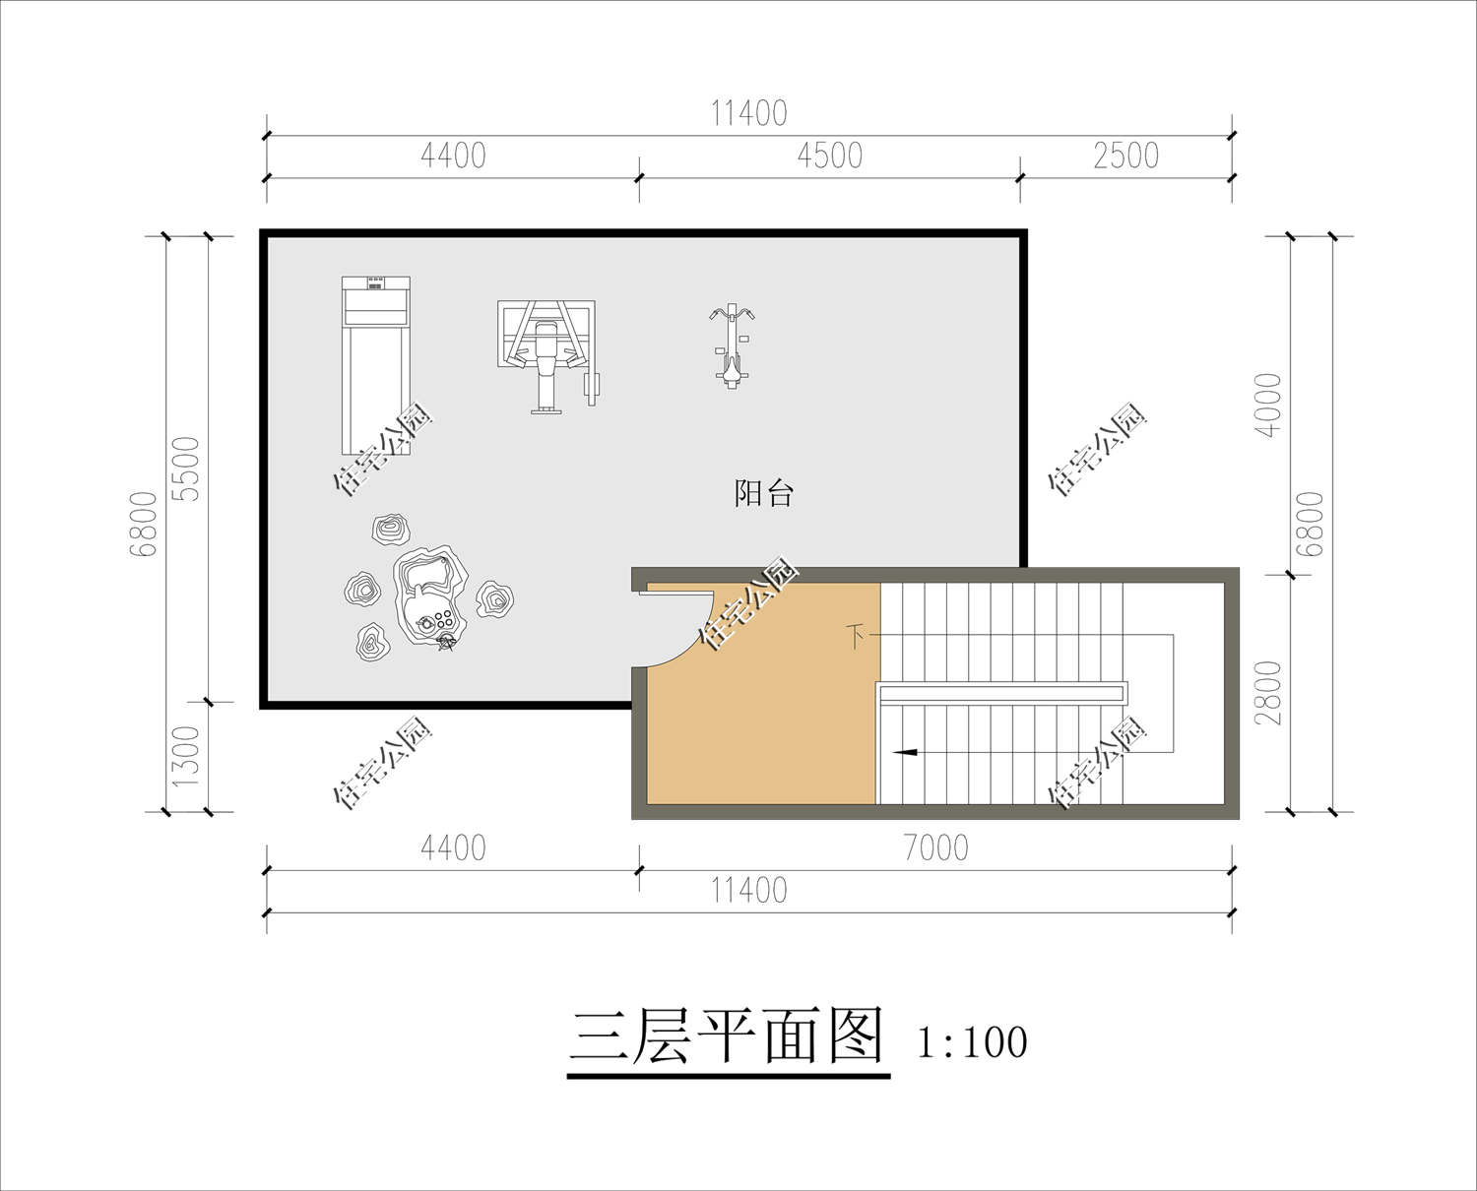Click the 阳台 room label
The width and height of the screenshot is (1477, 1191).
[x=764, y=493]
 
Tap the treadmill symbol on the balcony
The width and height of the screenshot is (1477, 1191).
[x=376, y=366]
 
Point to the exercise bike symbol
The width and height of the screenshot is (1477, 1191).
[x=732, y=345]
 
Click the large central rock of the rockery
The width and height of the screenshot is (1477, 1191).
[x=430, y=595]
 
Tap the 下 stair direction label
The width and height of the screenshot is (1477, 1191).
[x=855, y=636]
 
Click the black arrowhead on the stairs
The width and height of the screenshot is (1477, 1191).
[x=905, y=752]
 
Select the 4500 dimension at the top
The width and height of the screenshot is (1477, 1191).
[x=830, y=156]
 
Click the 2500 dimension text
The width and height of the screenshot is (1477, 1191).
[x=1126, y=156]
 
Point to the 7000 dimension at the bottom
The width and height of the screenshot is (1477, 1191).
[x=936, y=847]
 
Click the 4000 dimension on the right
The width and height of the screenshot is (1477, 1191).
[x=1267, y=405]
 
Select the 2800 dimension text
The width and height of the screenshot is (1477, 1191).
[x=1267, y=693]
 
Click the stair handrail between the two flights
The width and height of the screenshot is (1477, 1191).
[x=1001, y=692]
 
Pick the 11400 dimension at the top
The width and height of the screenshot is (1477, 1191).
[x=748, y=114]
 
